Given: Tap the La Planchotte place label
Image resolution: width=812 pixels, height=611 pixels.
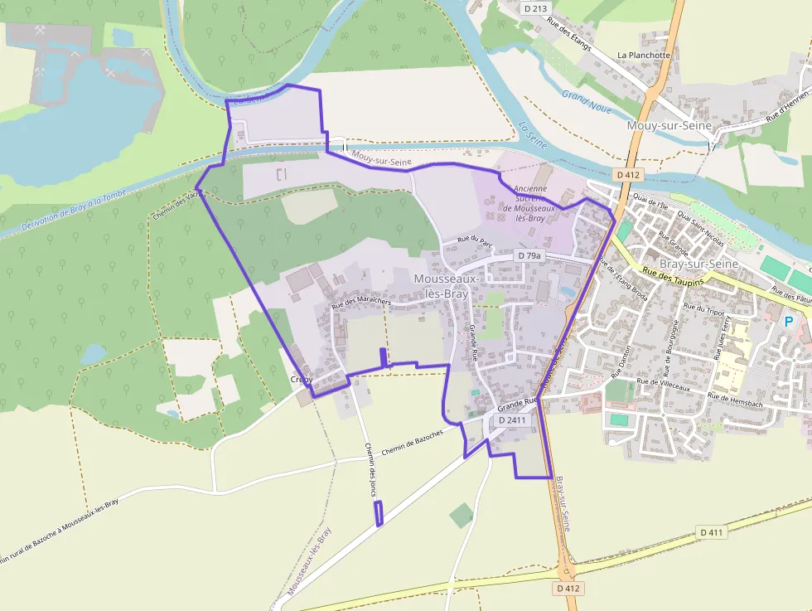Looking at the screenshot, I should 644,56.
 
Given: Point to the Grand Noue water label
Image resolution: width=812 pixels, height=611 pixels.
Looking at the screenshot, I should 587,100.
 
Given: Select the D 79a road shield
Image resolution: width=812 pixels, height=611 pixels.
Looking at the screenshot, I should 529,256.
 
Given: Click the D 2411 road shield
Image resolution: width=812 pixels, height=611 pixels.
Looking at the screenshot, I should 512,420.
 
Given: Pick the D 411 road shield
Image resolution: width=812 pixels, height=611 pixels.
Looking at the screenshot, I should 711,531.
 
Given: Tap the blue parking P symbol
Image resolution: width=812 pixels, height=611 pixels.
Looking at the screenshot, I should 789,321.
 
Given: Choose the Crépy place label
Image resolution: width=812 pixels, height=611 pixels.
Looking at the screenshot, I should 301,379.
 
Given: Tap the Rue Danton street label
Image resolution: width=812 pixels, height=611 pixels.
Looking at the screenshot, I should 621,363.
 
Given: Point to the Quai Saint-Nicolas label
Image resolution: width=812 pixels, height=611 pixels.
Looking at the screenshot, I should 700,229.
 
